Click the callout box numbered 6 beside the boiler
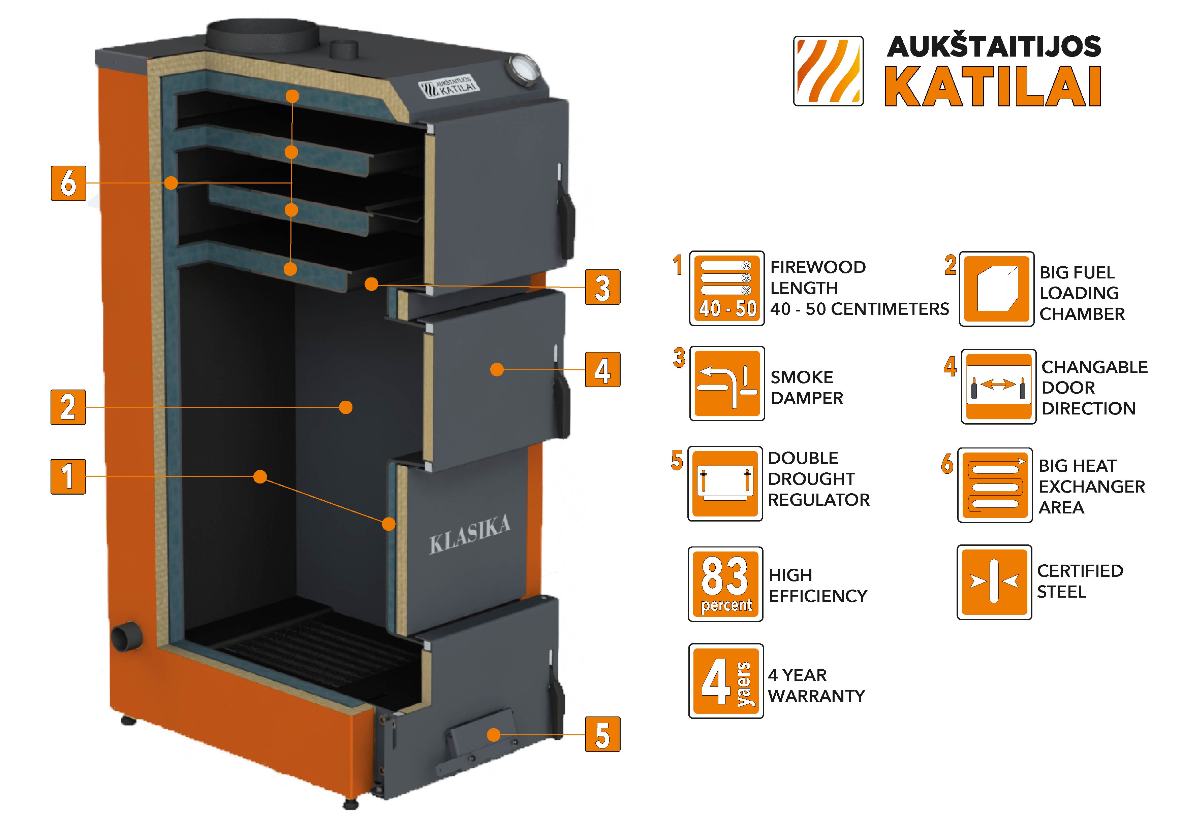tap(68, 183)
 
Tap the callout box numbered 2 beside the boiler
tap(68, 407)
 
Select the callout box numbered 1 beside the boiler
tap(68, 476)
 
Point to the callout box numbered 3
tap(602, 287)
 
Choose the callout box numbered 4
tap(602, 369)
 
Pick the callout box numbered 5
tap(602, 734)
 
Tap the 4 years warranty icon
tap(726, 681)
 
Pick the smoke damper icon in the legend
tap(727, 383)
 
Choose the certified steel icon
tap(994, 582)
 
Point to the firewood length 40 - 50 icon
tap(727, 289)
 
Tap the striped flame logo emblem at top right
tap(828, 71)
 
